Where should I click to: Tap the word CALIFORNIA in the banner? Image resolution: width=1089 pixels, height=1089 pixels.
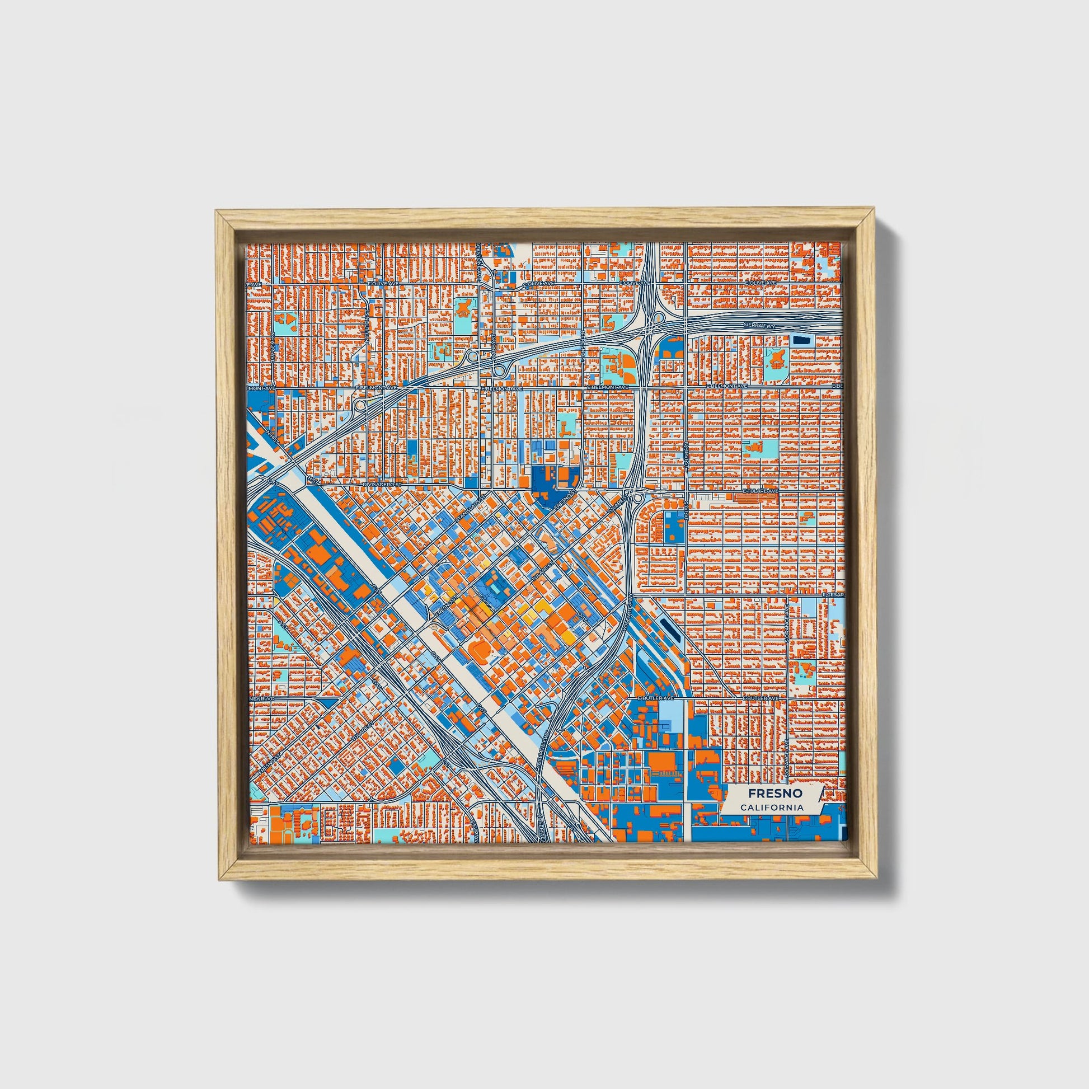click(772, 808)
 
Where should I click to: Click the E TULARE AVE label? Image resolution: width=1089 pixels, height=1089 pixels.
click(761, 490)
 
